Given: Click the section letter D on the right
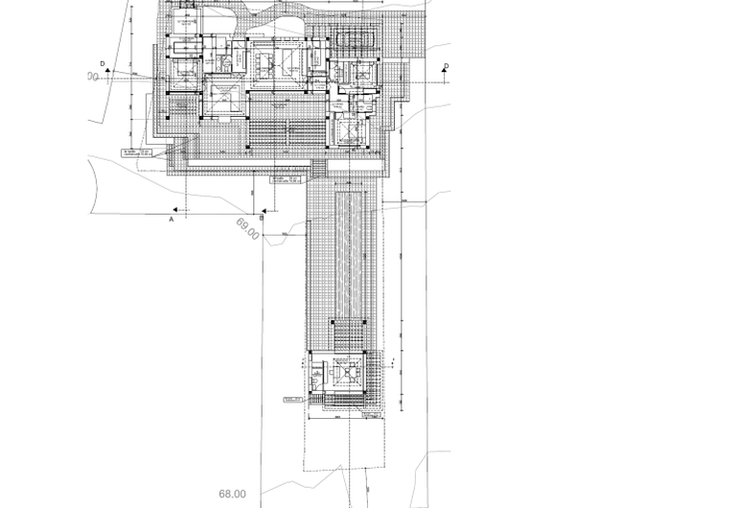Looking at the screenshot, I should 446,65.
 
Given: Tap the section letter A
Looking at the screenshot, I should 172,219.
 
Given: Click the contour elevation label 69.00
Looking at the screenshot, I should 247,230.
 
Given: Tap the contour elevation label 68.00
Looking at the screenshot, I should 232,494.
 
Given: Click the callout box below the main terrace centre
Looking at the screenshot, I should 283,179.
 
